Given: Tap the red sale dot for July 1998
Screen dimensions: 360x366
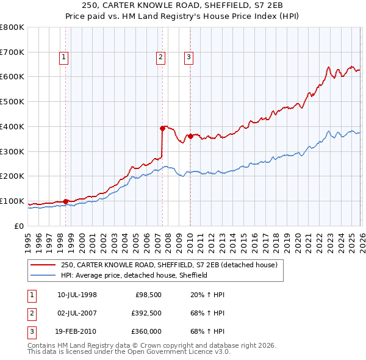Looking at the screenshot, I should click(65, 201).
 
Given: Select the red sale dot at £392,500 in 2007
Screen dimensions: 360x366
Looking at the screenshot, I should click(162, 128).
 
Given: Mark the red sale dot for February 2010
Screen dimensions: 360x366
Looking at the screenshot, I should click(190, 136).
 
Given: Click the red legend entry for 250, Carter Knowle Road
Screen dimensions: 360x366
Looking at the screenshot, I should click(169, 265).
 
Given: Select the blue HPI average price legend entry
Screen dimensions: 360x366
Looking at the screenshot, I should click(134, 275).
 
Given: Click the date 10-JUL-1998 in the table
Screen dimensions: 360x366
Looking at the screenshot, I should click(76, 295).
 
